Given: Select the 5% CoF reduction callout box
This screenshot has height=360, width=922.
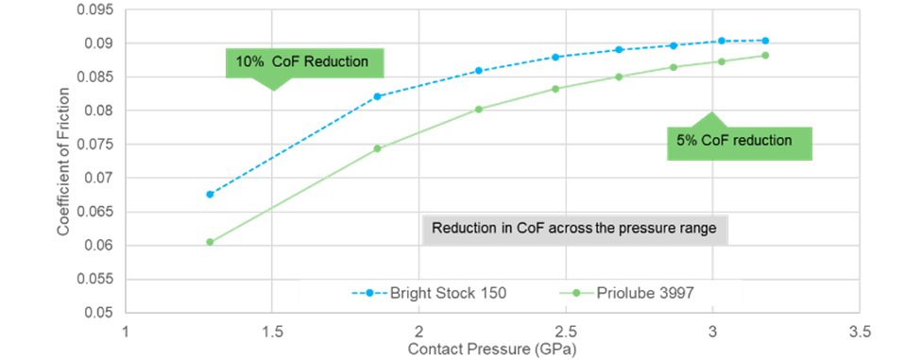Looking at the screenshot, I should pos(741,143).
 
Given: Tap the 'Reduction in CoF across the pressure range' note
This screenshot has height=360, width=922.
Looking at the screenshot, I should pos(575,229).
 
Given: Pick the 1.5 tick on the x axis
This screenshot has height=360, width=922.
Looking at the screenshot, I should pos(272,333).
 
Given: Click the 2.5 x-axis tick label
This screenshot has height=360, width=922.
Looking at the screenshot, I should pos(566,333).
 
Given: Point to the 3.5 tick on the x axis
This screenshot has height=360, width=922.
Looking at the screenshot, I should pos(859,333).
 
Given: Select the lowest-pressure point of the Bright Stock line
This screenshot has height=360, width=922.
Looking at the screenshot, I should pos(210,194).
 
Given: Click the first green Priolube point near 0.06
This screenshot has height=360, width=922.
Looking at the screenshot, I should pos(210,242).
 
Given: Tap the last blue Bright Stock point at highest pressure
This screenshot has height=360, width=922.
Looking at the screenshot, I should pos(765,41).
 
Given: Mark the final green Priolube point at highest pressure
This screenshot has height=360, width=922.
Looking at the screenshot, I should pos(765,55).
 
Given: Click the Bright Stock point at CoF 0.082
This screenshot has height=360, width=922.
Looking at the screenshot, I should pos(377,96).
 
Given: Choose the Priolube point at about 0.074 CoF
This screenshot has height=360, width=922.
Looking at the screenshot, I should pos(377,148).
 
